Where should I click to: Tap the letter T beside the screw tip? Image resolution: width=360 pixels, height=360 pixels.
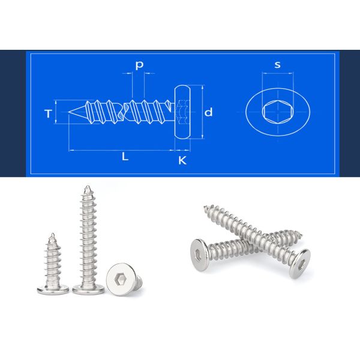pos(47,113)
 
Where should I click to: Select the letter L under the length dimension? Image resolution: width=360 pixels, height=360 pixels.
pos(125,157)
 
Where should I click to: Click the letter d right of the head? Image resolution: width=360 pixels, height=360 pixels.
pos(208,112)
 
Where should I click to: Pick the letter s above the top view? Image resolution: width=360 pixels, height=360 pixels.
pos(277,65)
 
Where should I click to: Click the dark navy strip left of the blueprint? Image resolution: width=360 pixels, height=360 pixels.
pos(13,114)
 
